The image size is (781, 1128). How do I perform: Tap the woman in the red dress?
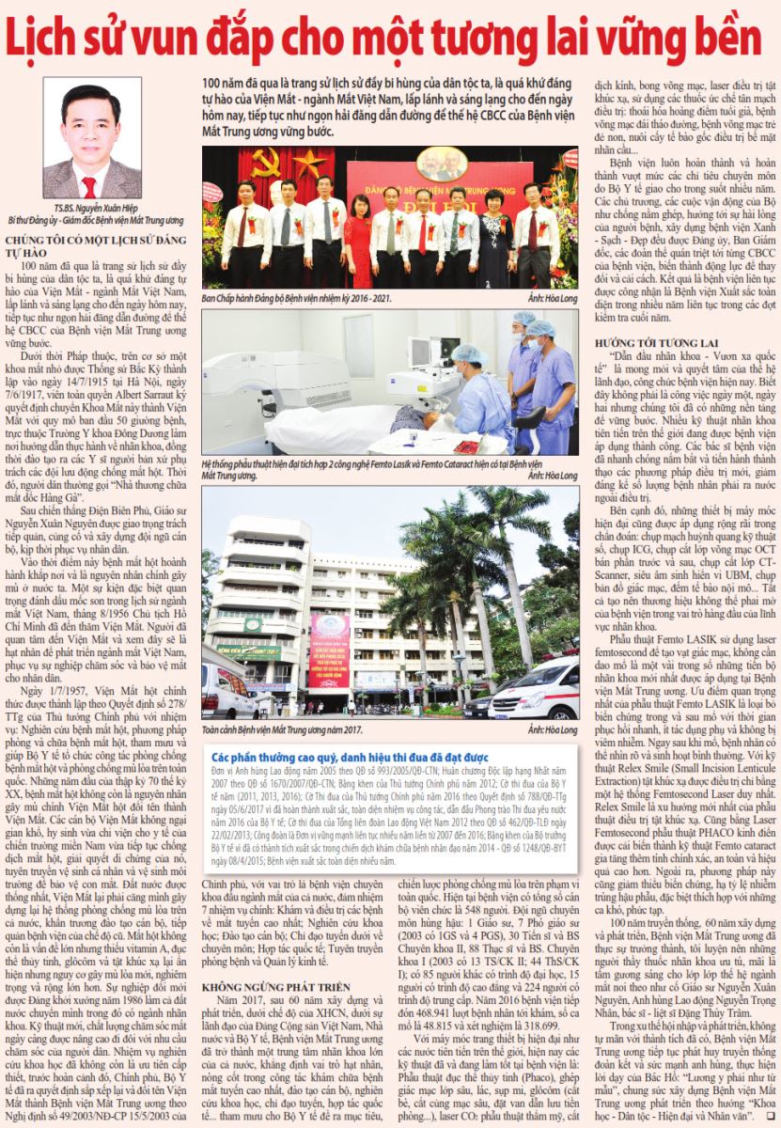(x=359, y=239)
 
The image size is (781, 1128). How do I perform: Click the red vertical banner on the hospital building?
(x=330, y=650)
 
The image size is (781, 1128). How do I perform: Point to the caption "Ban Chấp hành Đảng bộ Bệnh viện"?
(x=296, y=298)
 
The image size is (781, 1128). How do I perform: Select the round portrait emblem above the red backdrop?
(x=438, y=163)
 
